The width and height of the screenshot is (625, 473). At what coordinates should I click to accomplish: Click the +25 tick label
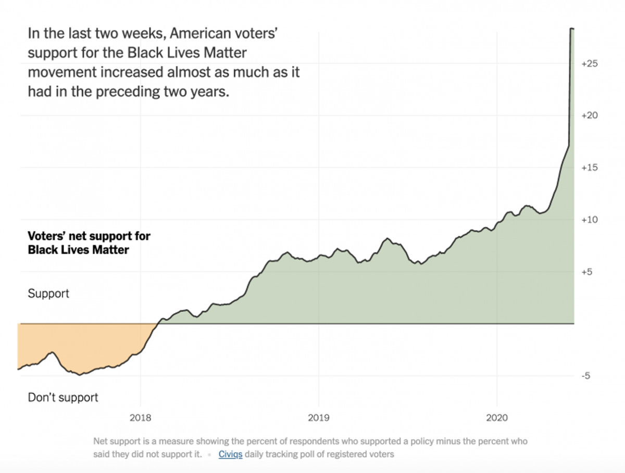[x=590, y=63]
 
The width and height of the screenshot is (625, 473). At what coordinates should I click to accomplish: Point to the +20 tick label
[x=590, y=116]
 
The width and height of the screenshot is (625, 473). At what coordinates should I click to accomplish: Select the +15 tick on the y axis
[x=590, y=168]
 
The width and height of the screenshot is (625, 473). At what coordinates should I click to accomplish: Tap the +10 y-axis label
[x=590, y=220]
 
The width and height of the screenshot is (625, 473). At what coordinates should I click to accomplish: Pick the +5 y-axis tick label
[x=587, y=272]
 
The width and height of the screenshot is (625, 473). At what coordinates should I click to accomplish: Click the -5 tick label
[x=586, y=376]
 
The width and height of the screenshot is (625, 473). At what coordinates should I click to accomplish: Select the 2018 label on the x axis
[x=141, y=418]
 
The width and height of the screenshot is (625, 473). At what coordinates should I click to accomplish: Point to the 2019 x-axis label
[x=319, y=418]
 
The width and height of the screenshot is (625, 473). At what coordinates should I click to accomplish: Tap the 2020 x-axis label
[x=497, y=418]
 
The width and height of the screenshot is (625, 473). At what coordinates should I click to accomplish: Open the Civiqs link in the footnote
[x=230, y=454]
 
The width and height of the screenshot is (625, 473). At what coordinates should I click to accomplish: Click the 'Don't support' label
[x=63, y=398]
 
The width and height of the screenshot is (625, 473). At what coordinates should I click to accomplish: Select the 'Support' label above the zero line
[x=48, y=293]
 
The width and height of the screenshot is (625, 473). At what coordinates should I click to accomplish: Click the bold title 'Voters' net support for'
[x=89, y=236]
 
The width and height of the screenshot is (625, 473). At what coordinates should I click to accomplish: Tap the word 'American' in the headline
[x=199, y=33]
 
